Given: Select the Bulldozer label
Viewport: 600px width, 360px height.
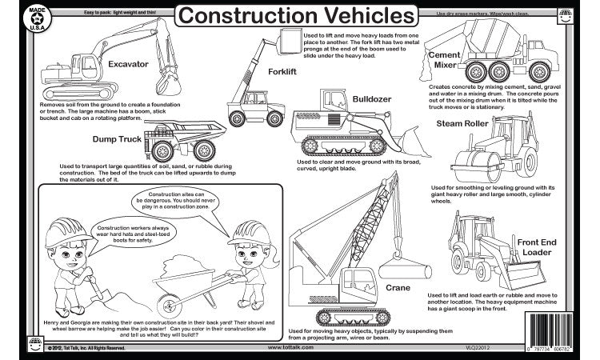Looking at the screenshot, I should tap(373, 99).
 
